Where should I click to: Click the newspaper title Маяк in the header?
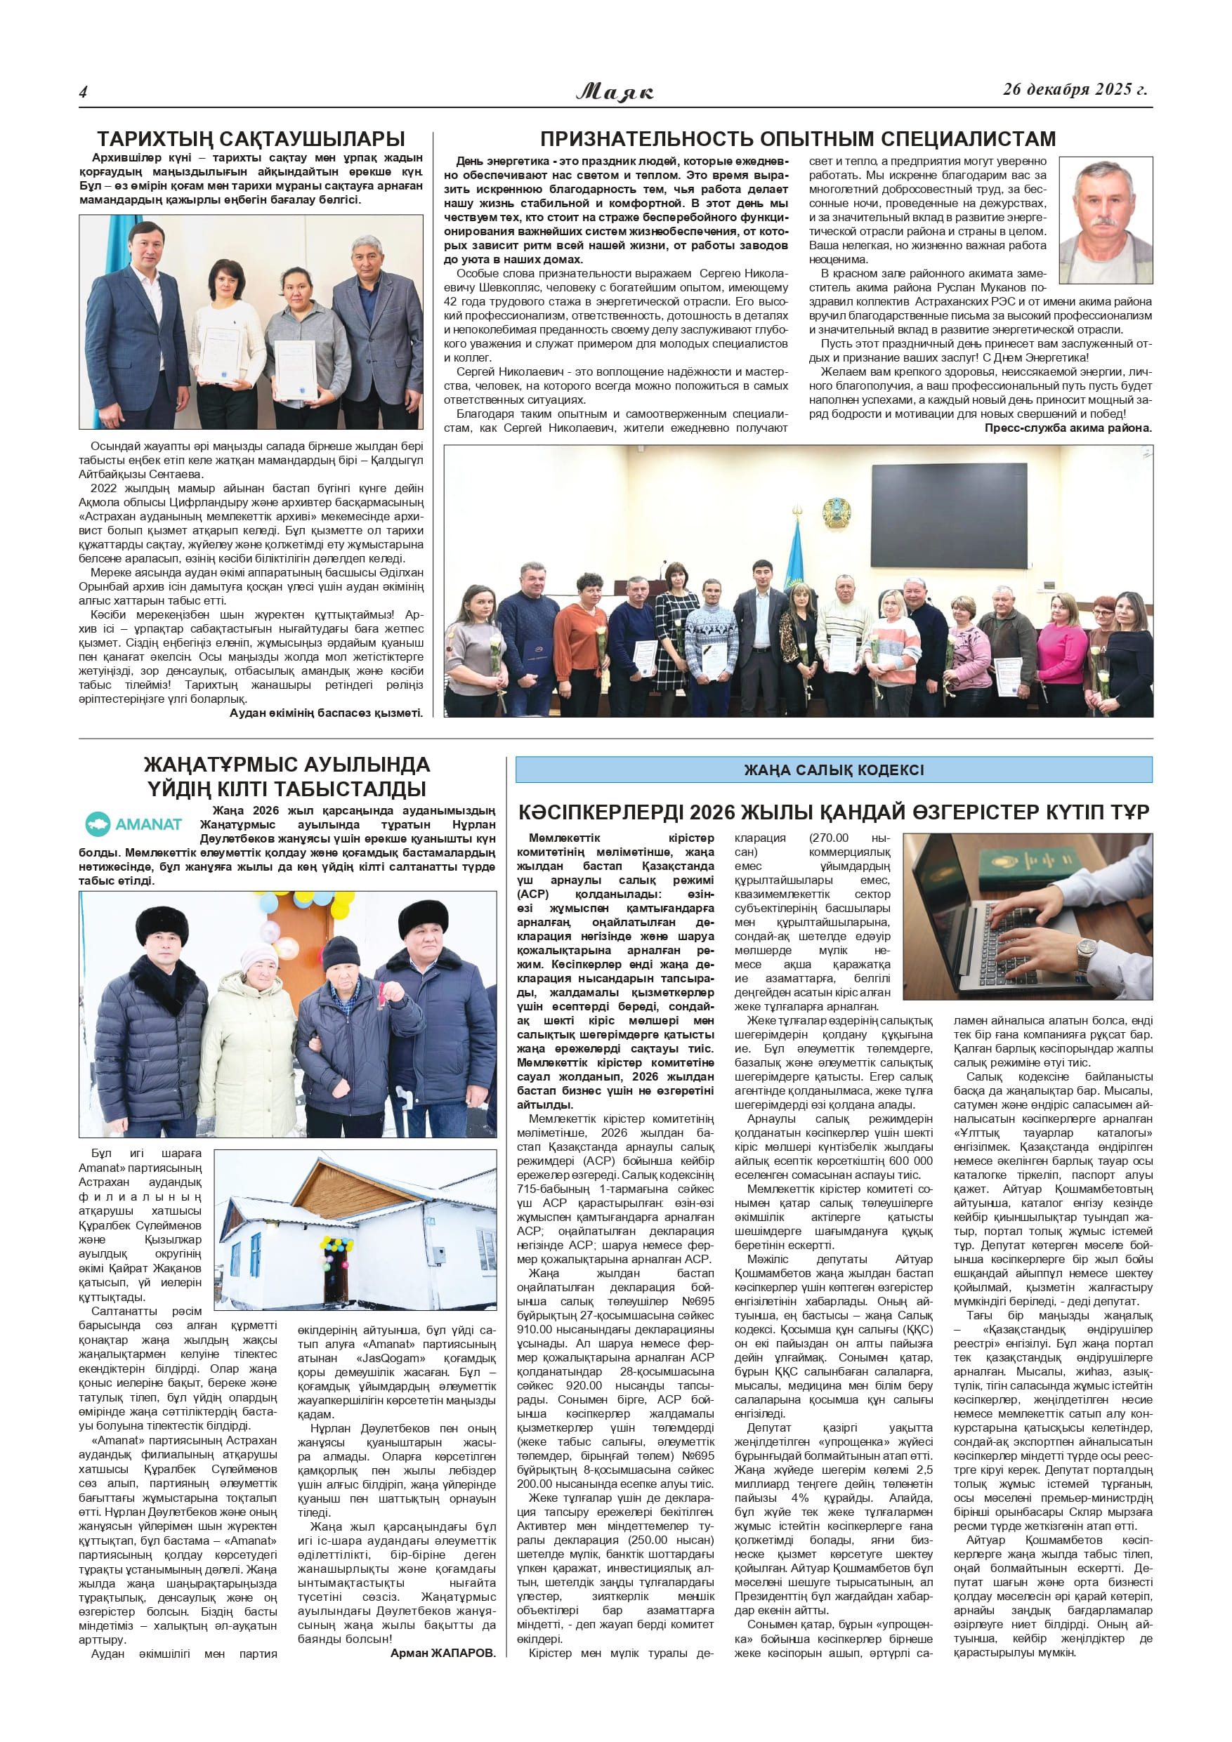615,92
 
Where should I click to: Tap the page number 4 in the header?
84,92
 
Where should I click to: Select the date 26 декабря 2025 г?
1074,90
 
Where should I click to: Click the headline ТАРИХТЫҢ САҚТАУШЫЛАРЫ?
251,139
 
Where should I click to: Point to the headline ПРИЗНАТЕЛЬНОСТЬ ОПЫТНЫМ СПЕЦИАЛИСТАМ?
797,139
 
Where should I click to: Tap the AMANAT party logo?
134,823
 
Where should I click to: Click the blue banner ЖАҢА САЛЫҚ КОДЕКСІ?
833,770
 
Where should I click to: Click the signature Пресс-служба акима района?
1067,428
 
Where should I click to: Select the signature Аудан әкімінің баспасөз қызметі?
326,713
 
